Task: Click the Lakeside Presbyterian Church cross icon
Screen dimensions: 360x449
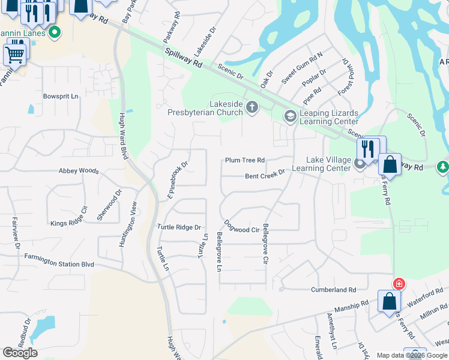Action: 252,108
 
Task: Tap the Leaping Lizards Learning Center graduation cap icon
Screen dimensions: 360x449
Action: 290,116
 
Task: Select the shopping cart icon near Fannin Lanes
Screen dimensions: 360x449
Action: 15,54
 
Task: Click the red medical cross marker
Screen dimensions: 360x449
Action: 398,284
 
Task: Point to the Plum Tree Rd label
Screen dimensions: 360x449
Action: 244,160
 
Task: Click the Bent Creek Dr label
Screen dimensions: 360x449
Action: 265,175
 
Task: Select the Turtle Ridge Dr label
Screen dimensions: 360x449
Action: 178,227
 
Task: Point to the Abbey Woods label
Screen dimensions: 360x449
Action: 78,171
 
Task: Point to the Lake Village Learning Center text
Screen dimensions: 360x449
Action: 328,164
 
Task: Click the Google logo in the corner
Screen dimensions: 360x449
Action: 20,353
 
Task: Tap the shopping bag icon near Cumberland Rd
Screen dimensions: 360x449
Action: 389,302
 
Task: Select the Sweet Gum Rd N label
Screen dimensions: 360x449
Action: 302,67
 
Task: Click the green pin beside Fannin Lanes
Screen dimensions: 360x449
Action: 55,32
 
